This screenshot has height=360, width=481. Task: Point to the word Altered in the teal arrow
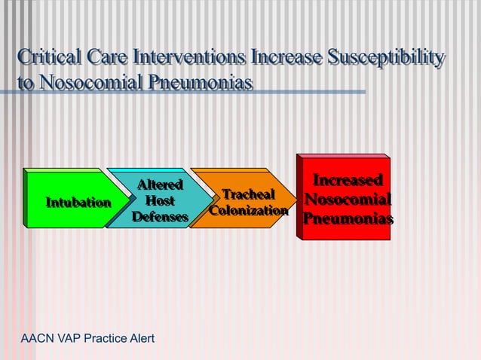(160, 185)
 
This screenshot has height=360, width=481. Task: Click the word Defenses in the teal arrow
(160, 218)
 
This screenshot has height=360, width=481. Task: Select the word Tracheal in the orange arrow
(248, 195)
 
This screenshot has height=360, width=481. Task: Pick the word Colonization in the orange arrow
(248, 211)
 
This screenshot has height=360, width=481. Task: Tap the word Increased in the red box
(348, 181)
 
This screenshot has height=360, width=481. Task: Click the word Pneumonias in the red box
(348, 220)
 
